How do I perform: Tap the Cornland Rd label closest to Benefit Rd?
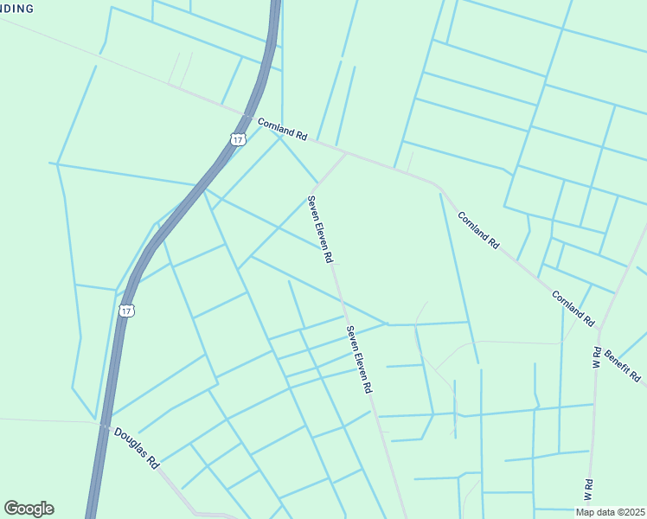tap(573, 308)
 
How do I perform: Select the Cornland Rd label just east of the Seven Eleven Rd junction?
tap(478, 230)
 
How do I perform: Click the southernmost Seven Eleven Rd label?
tap(359, 356)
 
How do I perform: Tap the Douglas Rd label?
tap(137, 446)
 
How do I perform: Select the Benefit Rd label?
tap(622, 365)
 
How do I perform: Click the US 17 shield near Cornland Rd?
tap(239, 138)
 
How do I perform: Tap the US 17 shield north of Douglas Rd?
tap(126, 310)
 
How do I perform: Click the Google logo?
tap(29, 509)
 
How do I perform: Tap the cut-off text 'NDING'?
tap(17, 9)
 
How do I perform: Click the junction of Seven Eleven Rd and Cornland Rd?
tap(346, 154)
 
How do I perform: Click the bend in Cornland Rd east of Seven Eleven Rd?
tap(440, 186)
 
